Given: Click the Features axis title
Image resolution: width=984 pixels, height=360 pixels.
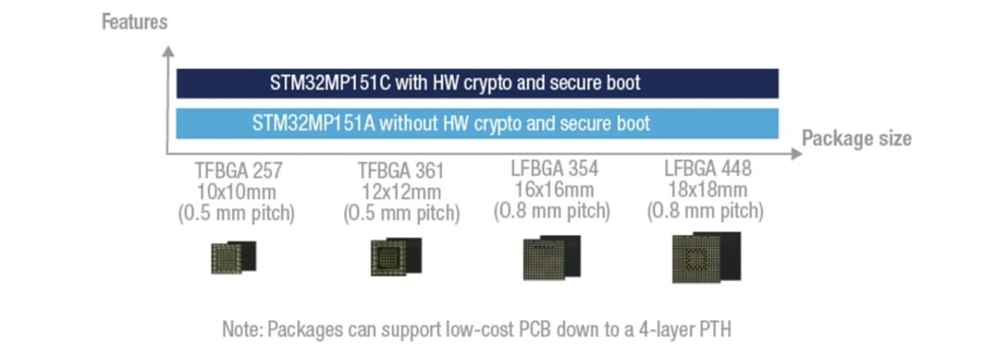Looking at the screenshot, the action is (x=134, y=22).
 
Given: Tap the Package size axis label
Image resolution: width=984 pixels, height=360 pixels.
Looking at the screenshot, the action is (x=857, y=139).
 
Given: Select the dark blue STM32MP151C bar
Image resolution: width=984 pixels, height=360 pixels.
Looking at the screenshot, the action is (x=477, y=84).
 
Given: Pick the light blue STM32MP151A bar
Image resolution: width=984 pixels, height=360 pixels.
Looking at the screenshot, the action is (x=477, y=124).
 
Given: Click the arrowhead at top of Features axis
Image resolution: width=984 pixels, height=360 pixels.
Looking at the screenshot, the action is (x=168, y=52).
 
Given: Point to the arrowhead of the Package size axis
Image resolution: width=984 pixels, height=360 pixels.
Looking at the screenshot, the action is (x=796, y=154).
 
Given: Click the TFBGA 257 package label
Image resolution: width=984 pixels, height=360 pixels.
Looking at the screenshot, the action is (x=239, y=171).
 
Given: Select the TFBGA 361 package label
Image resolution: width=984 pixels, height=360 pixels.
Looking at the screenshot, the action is (x=401, y=171).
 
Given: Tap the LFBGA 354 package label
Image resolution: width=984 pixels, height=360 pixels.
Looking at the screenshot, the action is (x=554, y=169).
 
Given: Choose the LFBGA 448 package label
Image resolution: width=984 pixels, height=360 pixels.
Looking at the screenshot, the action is (x=708, y=169).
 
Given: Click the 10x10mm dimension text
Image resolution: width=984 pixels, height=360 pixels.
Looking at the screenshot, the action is (x=236, y=192).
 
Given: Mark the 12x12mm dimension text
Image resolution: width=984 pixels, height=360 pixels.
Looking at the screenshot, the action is (x=402, y=192).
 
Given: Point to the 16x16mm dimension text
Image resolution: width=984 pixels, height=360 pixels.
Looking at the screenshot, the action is (x=554, y=190).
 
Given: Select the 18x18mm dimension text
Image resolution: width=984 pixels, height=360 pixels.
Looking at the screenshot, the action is (x=708, y=190).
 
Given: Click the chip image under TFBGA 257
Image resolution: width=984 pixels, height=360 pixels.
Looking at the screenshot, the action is (x=234, y=257).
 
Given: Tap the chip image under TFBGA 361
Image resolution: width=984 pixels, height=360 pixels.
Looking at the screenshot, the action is (x=396, y=257).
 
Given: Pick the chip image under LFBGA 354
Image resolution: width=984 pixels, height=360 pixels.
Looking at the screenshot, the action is (x=552, y=257).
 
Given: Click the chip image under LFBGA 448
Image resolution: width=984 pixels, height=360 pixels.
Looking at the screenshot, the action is (x=706, y=257).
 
